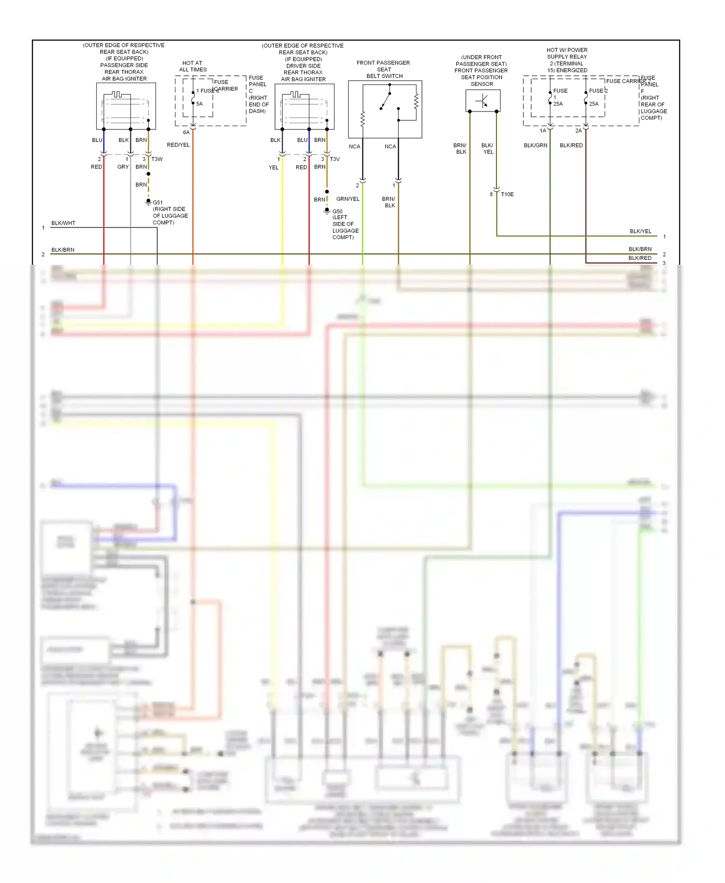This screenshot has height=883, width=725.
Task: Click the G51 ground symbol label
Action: pyautogui.click(x=158, y=202)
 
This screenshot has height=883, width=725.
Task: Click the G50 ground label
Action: pyautogui.click(x=337, y=211)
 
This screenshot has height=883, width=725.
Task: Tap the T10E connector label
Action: pyautogui.click(x=507, y=194)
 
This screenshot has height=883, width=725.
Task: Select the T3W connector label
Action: pyautogui.click(x=157, y=159)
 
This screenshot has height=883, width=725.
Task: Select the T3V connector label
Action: pyautogui.click(x=334, y=159)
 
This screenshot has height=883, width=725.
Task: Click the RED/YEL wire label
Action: pyautogui.click(x=178, y=145)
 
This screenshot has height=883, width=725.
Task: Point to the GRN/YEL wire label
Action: pyautogui.click(x=348, y=199)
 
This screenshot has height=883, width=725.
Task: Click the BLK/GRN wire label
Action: pyautogui.click(x=536, y=145)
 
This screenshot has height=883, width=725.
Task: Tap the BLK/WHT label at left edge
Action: pyautogui.click(x=63, y=223)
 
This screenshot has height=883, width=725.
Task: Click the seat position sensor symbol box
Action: pyautogui.click(x=482, y=100)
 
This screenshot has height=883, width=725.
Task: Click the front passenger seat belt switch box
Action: pyautogui.click(x=385, y=109)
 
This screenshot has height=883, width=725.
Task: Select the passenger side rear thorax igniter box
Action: pyautogui.click(x=126, y=106)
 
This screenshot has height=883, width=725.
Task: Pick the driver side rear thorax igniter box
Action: pyautogui.click(x=304, y=107)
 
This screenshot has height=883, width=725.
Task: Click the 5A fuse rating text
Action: pyautogui.click(x=199, y=104)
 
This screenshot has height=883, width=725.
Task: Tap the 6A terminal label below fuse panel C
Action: pyautogui.click(x=186, y=132)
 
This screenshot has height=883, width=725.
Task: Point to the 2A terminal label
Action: pyautogui.click(x=578, y=131)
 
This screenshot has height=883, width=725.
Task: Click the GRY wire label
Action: pyautogui.click(x=123, y=167)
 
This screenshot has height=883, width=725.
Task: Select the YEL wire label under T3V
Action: pyautogui.click(x=274, y=168)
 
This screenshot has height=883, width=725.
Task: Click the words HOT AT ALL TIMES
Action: pyautogui.click(x=192, y=66)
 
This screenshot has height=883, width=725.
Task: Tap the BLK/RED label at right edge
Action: pyautogui.click(x=639, y=258)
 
